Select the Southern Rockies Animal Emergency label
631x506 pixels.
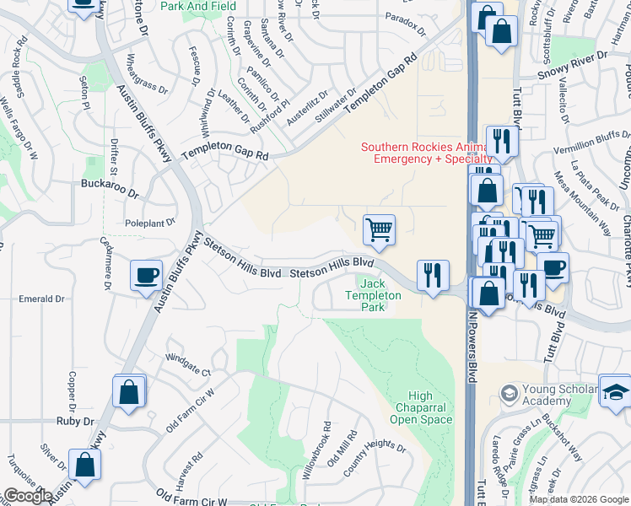(426, 153)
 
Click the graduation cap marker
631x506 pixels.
(616, 390)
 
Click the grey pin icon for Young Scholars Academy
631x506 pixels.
(509, 393)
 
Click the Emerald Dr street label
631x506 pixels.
(41, 299)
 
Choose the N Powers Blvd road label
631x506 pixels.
(472, 354)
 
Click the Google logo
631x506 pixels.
(28, 496)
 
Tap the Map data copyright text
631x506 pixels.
(579, 499)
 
